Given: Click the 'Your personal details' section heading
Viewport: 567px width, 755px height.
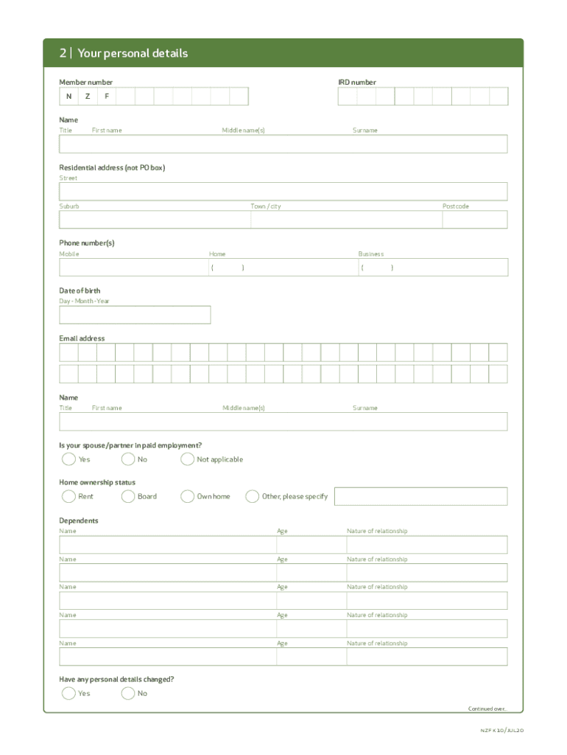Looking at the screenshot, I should coord(133,53).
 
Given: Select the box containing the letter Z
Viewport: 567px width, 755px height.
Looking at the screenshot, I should coord(88,97).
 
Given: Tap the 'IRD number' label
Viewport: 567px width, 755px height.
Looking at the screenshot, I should coord(357,83).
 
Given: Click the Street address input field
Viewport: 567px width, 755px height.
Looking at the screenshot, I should coord(283,192).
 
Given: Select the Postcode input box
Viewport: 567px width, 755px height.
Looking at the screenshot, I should coord(474,220).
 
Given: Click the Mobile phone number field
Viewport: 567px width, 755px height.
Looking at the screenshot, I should coord(133,267).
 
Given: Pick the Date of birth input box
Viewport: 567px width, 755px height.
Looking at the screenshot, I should coord(135,315).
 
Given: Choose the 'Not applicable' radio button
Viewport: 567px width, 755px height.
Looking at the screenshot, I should coord(188,459).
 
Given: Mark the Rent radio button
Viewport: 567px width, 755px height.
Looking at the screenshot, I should coord(68,496).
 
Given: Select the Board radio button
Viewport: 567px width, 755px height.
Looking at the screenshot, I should coord(128,496).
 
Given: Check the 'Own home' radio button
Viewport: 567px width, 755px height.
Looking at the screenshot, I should coord(188,496).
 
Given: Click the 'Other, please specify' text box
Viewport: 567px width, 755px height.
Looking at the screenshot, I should coord(420,496).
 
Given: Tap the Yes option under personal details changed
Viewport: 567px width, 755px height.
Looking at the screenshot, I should coord(68,693).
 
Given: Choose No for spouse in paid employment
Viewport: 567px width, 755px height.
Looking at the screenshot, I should coord(128,459).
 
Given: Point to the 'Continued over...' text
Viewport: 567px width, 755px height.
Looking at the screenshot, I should coord(487,709).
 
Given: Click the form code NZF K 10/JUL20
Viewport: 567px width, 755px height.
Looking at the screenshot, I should coord(501,731).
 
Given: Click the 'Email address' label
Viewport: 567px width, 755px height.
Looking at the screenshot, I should coord(82,338).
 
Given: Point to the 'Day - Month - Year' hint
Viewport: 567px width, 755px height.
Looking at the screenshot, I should coord(84,301).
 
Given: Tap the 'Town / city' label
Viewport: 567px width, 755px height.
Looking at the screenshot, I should coord(265,206).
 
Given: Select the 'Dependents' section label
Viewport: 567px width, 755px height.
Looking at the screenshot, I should coord(79,521).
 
